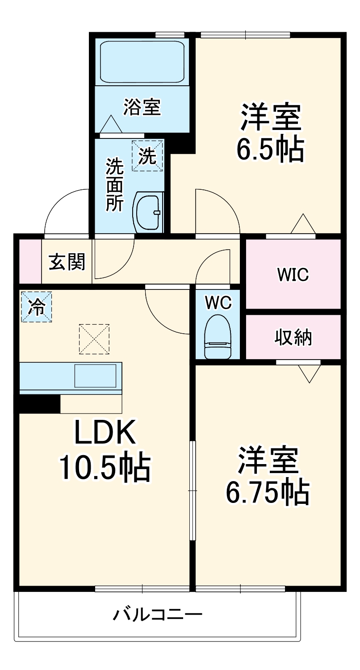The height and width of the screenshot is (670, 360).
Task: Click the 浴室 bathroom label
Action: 142,108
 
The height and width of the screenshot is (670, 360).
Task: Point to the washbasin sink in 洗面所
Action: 148,212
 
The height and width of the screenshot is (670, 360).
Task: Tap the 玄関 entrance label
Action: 67,262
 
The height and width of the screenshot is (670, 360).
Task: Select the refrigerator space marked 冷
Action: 36,306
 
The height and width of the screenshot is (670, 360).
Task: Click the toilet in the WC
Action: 218,337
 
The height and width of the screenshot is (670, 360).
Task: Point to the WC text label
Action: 218,303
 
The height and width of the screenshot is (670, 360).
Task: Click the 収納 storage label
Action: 293,338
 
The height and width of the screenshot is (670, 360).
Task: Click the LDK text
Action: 105,432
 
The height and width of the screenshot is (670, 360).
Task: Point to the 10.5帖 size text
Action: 105,467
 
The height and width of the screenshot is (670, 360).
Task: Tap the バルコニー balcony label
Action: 157,615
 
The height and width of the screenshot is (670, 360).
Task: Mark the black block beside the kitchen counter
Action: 39,404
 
